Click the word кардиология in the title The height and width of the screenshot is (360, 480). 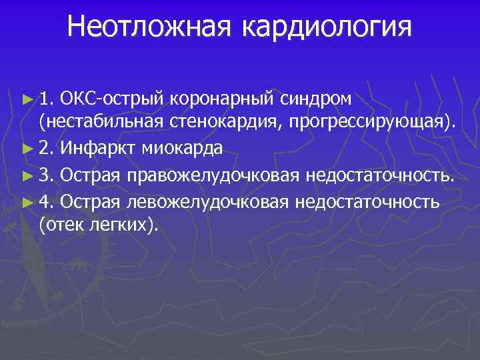pyautogui.click(x=327, y=27)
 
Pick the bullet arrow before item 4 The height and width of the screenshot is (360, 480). pyautogui.click(x=27, y=201)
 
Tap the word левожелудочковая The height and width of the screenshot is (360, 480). pyautogui.click(x=207, y=201)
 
